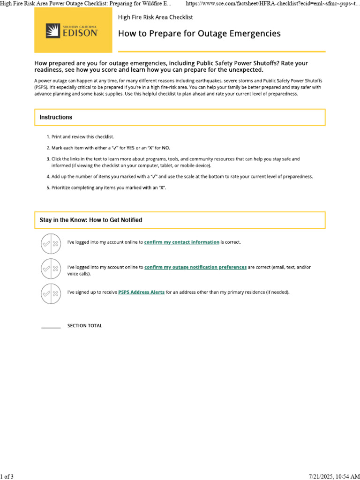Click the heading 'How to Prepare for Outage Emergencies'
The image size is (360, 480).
(x=199, y=34)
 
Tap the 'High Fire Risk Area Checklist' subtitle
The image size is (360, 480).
(x=155, y=17)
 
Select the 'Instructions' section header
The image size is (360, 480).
(x=56, y=117)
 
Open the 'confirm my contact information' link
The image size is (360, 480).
(x=181, y=242)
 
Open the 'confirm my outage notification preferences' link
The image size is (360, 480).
(x=195, y=267)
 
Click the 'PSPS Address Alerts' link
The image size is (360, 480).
(x=141, y=292)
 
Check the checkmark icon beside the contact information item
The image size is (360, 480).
(x=46, y=244)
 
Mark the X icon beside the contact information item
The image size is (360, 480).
(x=55, y=244)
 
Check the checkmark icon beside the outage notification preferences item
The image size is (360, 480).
(x=46, y=269)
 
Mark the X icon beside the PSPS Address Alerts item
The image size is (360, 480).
(x=55, y=294)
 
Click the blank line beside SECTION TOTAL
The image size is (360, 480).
(x=51, y=326)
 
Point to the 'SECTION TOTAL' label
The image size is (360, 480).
(x=84, y=326)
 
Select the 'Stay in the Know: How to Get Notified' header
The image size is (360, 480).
(x=91, y=220)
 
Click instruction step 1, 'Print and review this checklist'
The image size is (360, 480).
(x=80, y=137)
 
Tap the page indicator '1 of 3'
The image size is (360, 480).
(x=7, y=477)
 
